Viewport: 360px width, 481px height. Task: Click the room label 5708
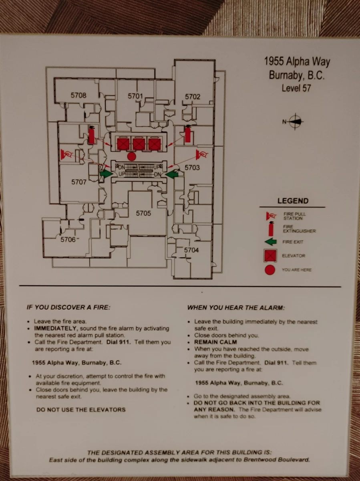[78, 95]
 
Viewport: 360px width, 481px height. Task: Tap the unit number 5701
[135, 96]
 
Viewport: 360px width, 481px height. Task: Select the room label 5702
[193, 97]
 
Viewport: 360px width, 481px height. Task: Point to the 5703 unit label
[192, 168]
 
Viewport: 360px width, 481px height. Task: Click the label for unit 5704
[191, 250]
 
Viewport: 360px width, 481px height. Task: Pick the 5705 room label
[143, 213]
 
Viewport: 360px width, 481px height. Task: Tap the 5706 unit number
[68, 240]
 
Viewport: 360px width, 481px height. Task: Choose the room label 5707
[79, 182]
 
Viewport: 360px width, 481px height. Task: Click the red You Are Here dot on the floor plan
[131, 156]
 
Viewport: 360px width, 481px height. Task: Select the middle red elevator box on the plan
[139, 144]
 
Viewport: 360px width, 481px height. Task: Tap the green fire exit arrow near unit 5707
[106, 174]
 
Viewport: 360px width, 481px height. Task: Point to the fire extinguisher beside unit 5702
[188, 134]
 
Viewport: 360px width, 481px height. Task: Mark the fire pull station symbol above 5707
[66, 154]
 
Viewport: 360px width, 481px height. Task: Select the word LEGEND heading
[293, 201]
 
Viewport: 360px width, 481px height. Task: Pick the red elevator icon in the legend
[270, 255]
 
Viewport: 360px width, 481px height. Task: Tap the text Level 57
[296, 88]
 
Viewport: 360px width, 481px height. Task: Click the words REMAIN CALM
[215, 342]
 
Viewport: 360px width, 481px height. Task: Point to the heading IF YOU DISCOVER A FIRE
[68, 307]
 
